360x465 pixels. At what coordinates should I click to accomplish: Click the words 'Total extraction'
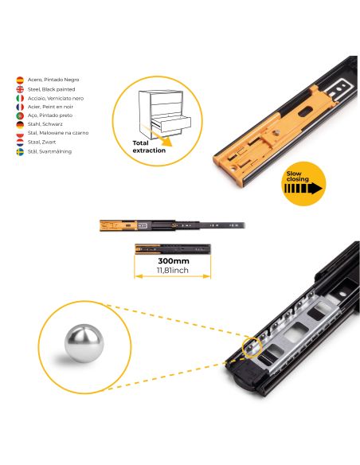(149, 145)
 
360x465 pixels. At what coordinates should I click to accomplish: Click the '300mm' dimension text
(173, 260)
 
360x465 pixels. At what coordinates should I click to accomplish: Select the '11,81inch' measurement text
(173, 271)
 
